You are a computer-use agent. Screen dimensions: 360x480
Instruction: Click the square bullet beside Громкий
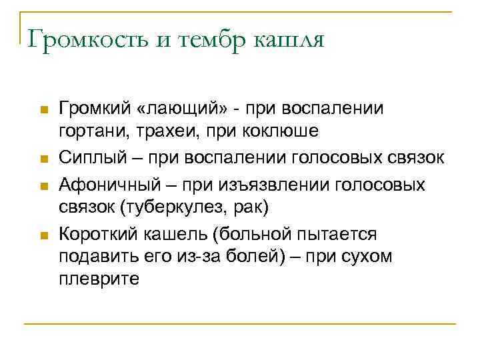click(43, 108)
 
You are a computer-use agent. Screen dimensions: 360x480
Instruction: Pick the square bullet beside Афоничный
click(43, 184)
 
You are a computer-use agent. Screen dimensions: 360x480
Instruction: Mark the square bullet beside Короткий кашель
click(43, 235)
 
